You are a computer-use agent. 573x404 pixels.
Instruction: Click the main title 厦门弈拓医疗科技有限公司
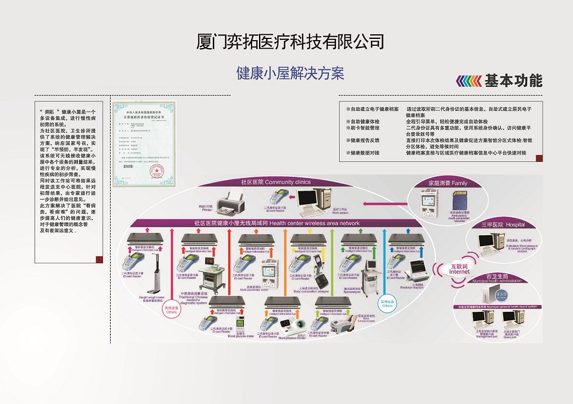pyautogui.click(x=290, y=42)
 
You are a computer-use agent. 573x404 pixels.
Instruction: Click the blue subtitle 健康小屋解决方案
pyautogui.click(x=290, y=73)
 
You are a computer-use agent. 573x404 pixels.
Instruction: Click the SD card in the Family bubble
pyautogui.click(x=458, y=201)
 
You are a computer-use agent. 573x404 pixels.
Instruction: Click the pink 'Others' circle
pyautogui.click(x=170, y=310)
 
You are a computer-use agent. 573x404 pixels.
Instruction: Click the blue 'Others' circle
pyautogui.click(x=388, y=303)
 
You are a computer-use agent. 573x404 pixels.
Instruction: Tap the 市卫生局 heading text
pyautogui.click(x=495, y=276)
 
